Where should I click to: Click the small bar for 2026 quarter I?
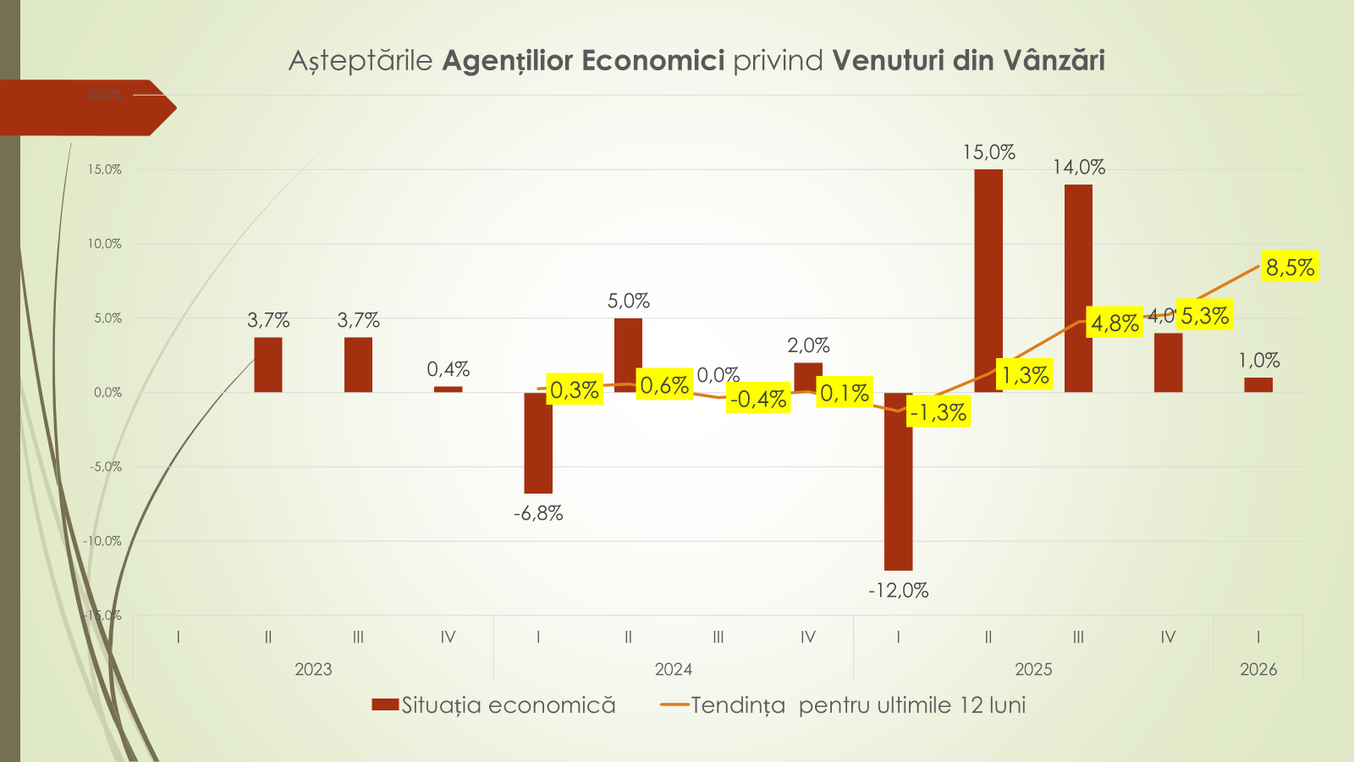pyautogui.click(x=1258, y=384)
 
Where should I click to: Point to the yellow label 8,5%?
pyautogui.click(x=1290, y=268)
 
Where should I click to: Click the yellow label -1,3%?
pyautogui.click(x=938, y=412)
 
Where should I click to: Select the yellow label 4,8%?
pyautogui.click(x=1115, y=323)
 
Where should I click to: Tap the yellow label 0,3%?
pyautogui.click(x=575, y=389)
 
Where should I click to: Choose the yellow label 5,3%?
pyautogui.click(x=1204, y=316)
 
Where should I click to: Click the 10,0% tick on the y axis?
pyautogui.click(x=105, y=244)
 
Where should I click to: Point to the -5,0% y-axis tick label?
pyautogui.click(x=105, y=467)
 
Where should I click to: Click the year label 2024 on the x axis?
pyautogui.click(x=674, y=670)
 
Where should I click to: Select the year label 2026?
pyautogui.click(x=1258, y=670)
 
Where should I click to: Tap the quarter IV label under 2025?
pyautogui.click(x=1168, y=638)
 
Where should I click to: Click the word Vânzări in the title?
pyautogui.click(x=1054, y=61)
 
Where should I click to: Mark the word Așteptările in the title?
pyautogui.click(x=361, y=61)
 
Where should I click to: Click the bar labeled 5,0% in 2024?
pyautogui.click(x=628, y=356)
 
